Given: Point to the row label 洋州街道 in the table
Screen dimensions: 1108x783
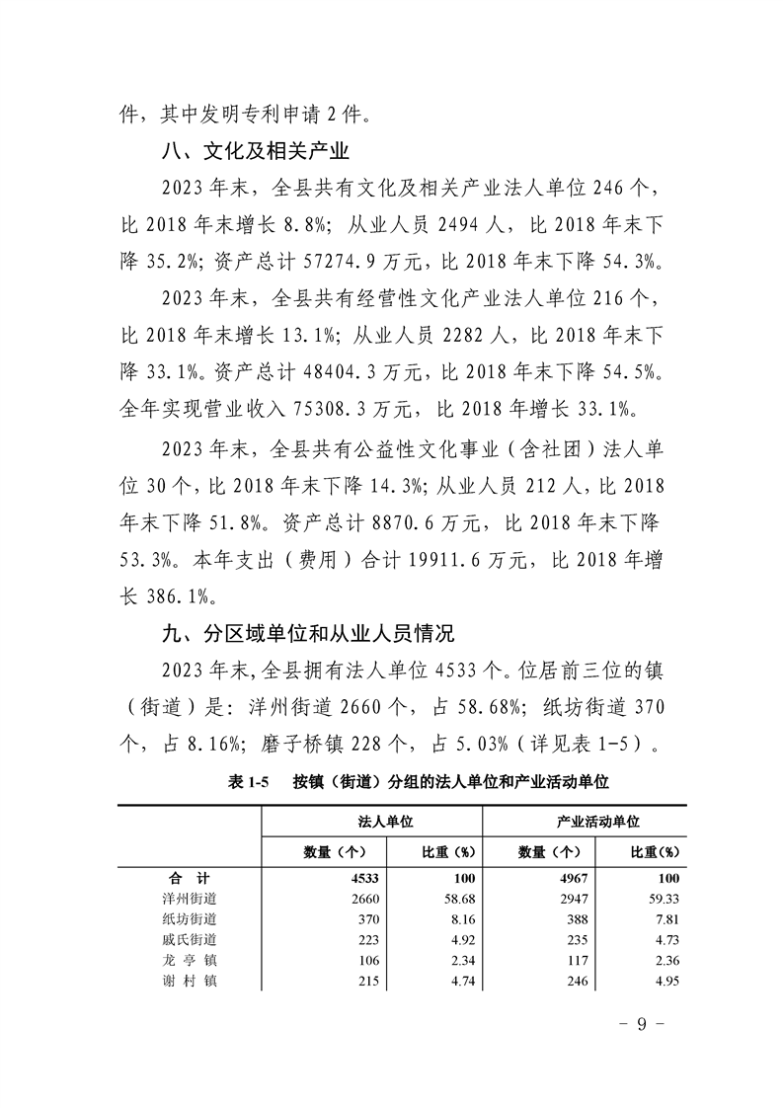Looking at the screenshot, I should pos(190,899).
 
